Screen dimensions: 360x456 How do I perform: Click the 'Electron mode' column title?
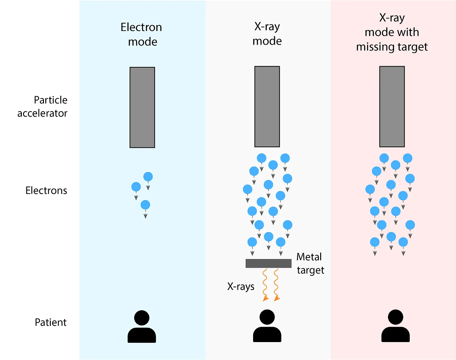tap(142, 34)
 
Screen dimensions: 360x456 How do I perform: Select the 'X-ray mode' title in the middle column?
tap(267, 34)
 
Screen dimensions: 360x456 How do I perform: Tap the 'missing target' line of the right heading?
tap(392, 47)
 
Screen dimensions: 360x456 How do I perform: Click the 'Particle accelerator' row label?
tap(43, 107)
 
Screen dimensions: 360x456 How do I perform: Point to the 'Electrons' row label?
tap(46, 191)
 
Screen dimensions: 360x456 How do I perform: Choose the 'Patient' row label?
tap(50, 322)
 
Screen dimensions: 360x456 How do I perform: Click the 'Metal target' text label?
tap(310, 263)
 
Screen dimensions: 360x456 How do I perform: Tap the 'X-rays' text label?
tap(241, 286)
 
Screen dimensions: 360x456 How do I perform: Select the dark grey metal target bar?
tap(268, 263)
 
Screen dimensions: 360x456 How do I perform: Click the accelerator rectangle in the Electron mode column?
tap(142, 108)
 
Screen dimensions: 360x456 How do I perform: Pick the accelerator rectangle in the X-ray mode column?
tap(267, 107)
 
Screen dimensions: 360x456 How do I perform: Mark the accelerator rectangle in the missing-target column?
tap(392, 107)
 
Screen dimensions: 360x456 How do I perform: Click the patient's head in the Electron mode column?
tap(142, 318)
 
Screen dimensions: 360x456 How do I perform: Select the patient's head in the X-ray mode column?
tap(267, 317)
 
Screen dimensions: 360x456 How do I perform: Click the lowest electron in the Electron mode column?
tap(145, 205)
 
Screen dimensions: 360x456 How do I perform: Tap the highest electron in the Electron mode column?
tap(148, 177)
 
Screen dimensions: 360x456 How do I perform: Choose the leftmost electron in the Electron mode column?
tap(136, 187)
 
